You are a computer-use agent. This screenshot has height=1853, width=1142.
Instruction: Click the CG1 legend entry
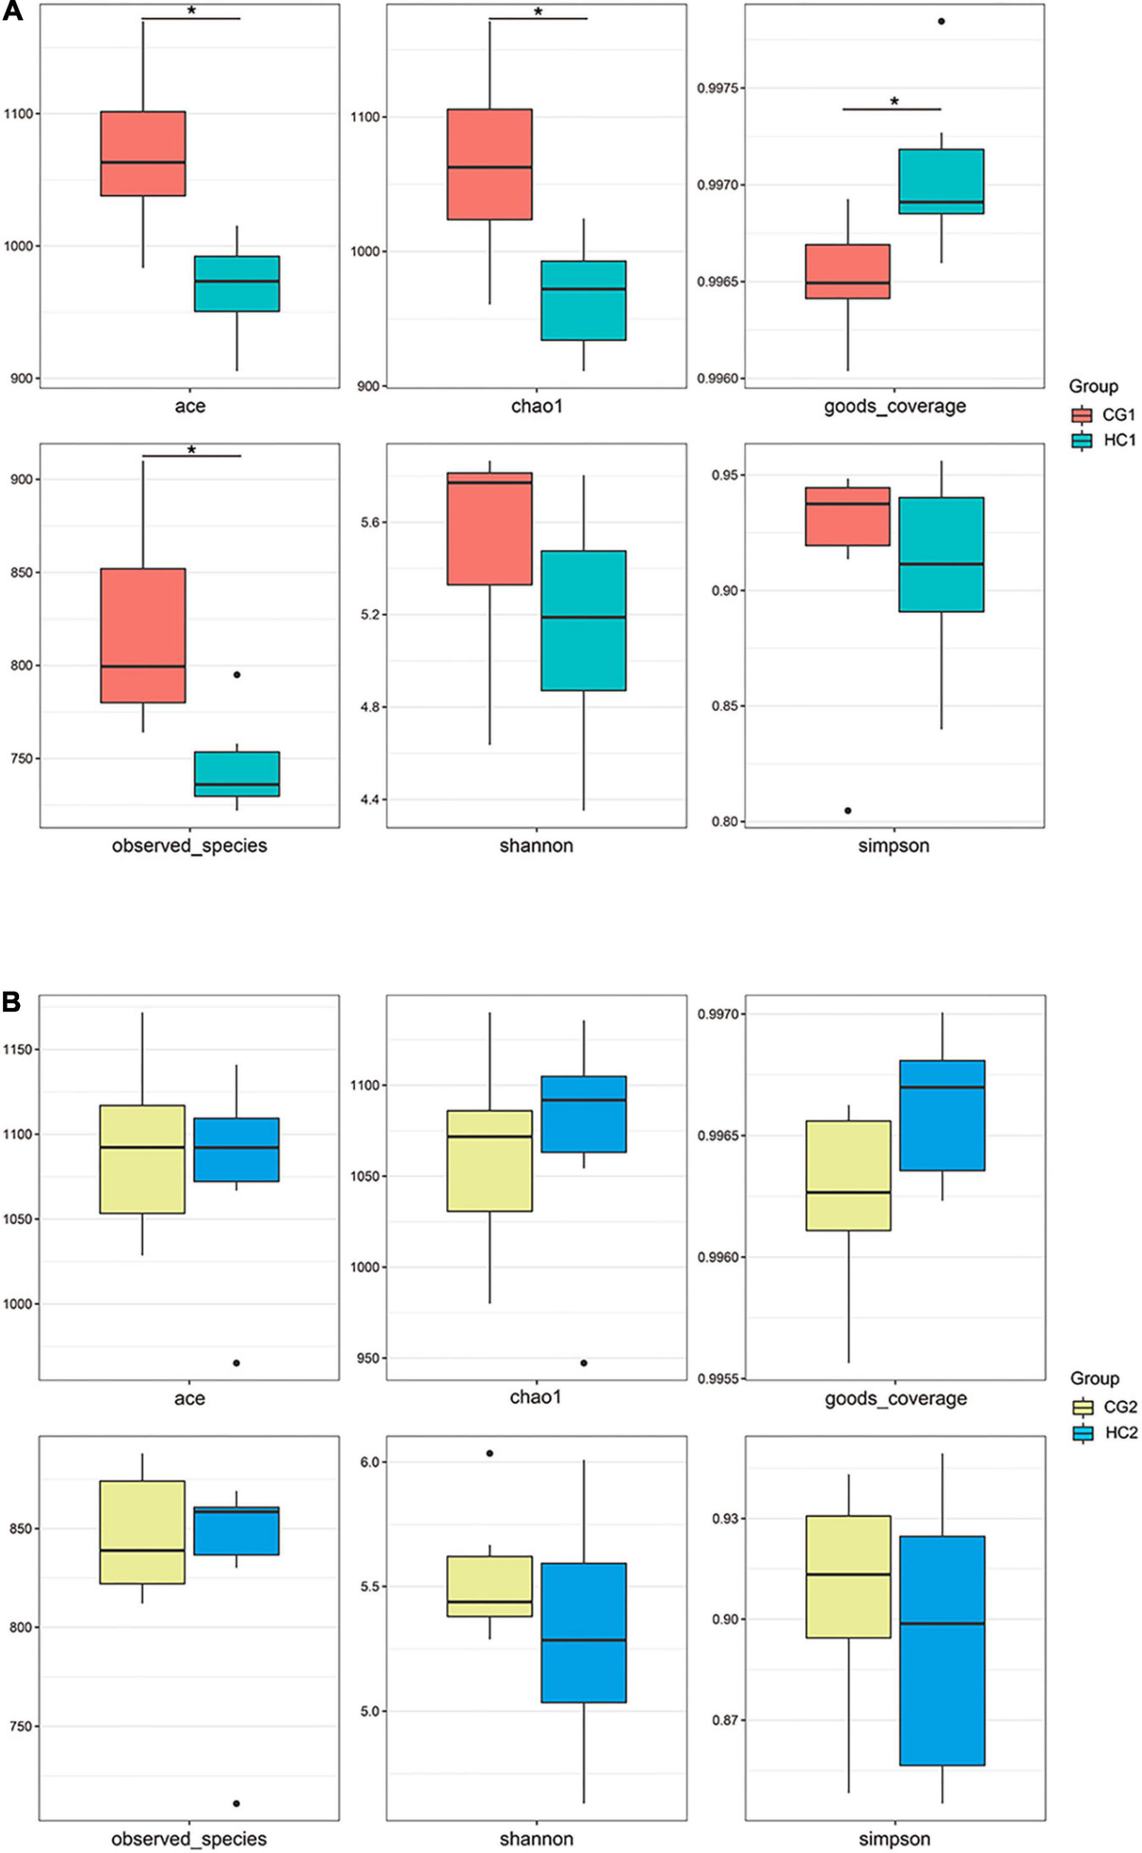[x=1103, y=415]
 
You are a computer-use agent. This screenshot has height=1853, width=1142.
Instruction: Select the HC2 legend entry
[x=1104, y=1433]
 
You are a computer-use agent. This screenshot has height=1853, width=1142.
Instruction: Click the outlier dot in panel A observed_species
[x=237, y=675]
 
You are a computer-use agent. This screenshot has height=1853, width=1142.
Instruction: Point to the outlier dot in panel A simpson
[x=848, y=811]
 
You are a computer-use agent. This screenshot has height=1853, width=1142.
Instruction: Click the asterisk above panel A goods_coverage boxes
[x=894, y=101]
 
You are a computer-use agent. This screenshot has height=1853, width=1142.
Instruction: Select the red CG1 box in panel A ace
[x=143, y=153]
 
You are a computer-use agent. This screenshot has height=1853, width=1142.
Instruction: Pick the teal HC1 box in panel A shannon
[x=583, y=621]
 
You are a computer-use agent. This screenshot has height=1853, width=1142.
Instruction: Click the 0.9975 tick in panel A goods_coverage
[x=720, y=89]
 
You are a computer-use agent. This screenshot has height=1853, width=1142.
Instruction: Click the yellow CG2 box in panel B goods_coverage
[x=848, y=1175]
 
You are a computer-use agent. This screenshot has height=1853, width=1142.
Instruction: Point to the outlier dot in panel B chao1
[x=583, y=1363]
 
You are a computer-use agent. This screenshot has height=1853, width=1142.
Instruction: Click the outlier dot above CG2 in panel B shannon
[x=490, y=1453]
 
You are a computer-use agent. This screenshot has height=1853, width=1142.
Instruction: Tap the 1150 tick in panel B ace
[x=18, y=1050]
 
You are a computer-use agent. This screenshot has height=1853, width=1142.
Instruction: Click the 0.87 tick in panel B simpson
[x=725, y=1721]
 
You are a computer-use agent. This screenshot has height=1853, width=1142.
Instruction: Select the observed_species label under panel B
[x=189, y=1839]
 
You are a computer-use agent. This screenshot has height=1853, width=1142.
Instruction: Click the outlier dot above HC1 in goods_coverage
[x=941, y=21]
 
